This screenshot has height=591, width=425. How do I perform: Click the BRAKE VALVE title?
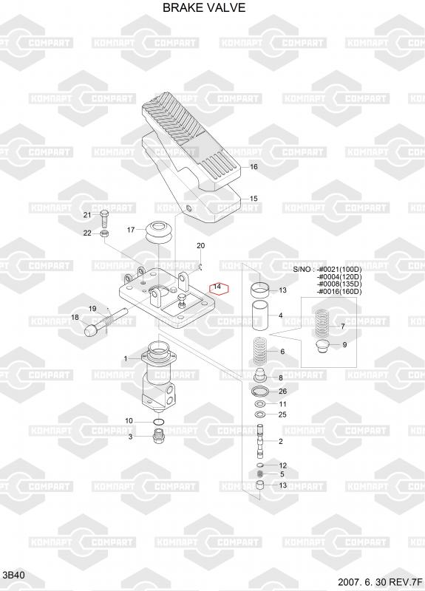[204, 7]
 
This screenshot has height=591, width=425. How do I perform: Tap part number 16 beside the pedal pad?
[254, 167]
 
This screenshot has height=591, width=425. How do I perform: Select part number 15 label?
[254, 198]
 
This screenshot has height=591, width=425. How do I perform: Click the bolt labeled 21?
[104, 219]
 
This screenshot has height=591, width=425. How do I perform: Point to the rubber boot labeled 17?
[159, 233]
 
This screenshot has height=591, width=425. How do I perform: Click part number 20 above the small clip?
[200, 246]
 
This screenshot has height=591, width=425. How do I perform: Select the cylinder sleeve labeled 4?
[260, 315]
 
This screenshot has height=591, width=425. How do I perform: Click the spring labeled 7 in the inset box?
[322, 324]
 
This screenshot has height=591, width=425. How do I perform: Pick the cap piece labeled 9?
[321, 346]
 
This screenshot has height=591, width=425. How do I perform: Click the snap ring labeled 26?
[261, 392]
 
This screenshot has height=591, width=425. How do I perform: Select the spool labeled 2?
[260, 441]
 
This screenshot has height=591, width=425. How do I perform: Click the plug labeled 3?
[158, 436]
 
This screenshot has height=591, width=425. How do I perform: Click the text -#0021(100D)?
[339, 270]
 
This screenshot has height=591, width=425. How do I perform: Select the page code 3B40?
[14, 575]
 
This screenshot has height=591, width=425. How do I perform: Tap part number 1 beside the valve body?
[126, 359]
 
